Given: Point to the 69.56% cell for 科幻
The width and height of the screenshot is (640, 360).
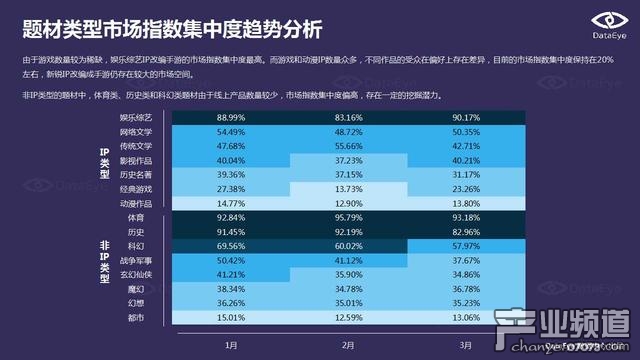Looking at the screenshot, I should coord(231,245).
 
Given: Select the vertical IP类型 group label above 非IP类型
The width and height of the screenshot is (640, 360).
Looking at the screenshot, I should coord(104,161).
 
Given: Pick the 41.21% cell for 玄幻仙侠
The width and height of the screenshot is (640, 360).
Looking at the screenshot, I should coord(231,274).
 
